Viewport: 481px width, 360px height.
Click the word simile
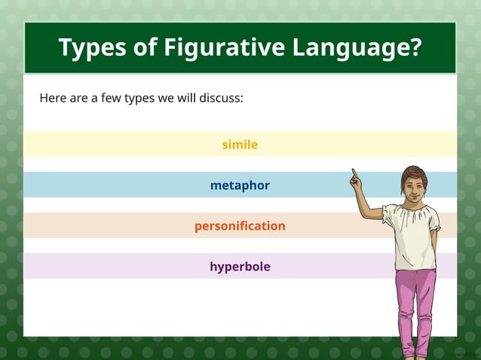point(240,144)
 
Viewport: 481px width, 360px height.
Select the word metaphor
point(240,185)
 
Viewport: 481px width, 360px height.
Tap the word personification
point(240,226)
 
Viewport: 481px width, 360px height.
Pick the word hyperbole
point(240,267)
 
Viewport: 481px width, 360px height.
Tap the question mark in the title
point(414,47)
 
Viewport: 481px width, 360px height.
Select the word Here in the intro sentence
point(53,98)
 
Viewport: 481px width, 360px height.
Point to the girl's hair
point(414,172)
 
